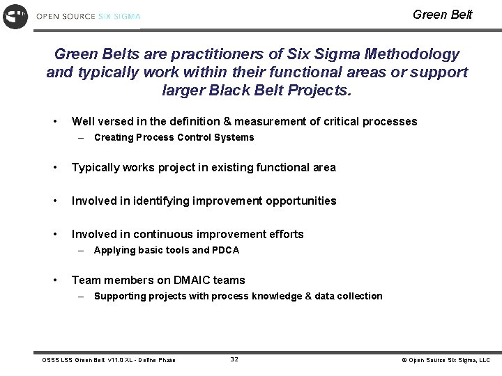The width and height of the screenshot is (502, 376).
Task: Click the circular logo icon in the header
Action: click(15, 15)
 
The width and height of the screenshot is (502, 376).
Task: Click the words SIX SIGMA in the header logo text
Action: click(119, 15)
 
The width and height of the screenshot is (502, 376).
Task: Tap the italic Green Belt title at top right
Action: click(442, 14)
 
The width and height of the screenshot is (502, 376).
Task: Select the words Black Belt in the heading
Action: click(243, 90)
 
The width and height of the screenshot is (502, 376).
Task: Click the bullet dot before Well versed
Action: click(56, 122)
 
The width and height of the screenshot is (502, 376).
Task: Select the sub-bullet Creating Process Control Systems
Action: click(174, 137)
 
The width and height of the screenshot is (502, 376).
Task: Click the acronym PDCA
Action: click(225, 250)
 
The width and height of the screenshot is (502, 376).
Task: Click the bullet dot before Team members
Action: click(56, 280)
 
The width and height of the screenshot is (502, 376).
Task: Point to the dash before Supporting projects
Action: click(82, 296)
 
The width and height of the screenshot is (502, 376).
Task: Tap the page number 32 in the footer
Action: click(234, 359)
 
